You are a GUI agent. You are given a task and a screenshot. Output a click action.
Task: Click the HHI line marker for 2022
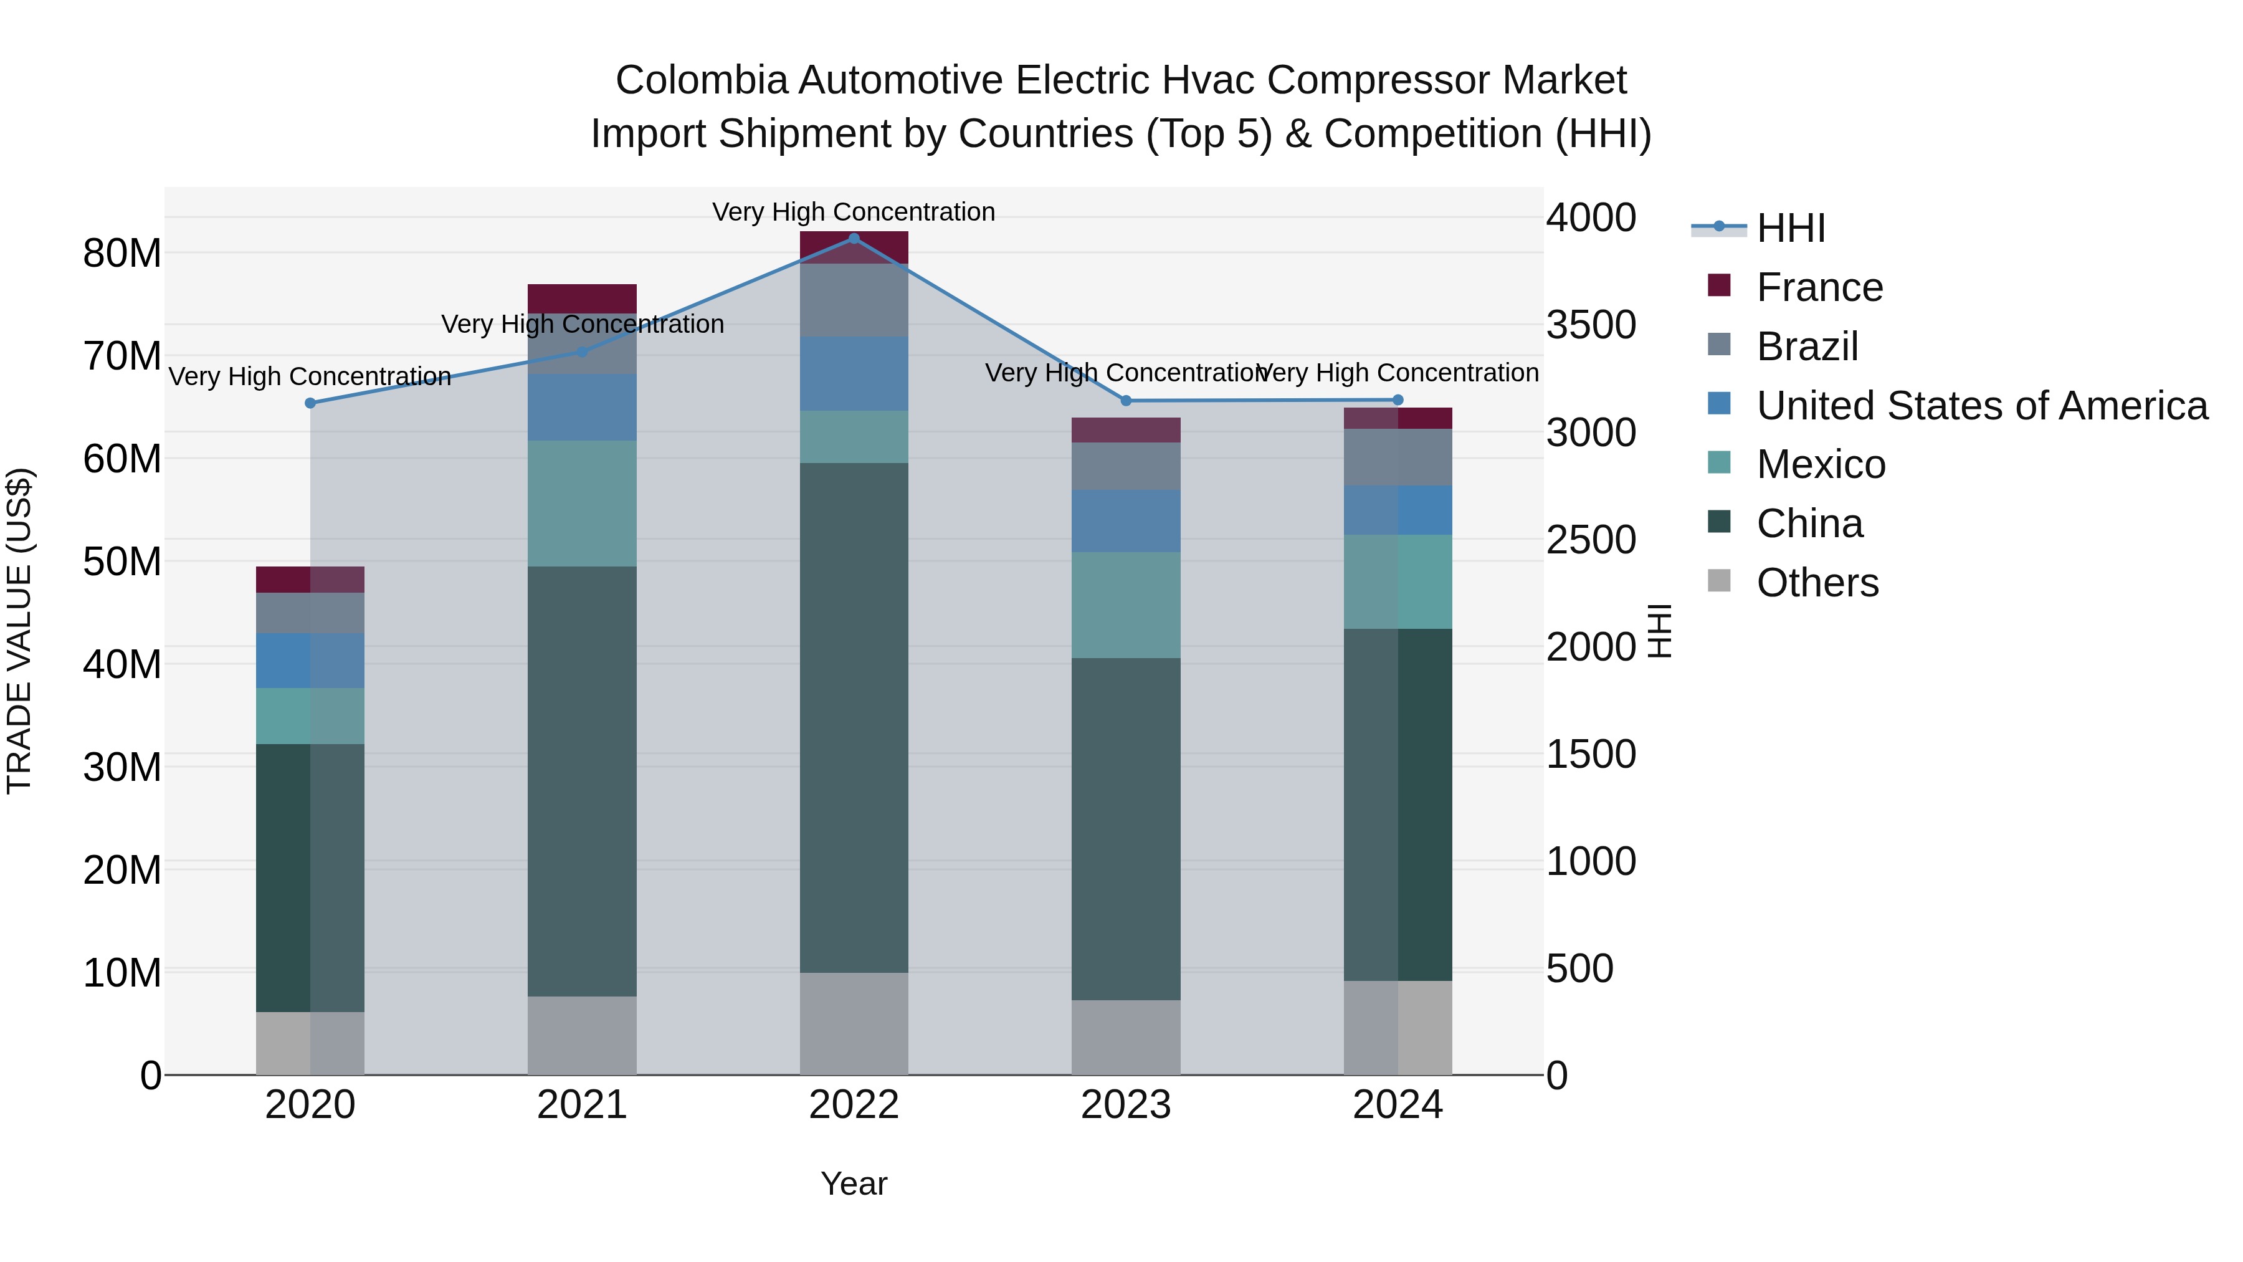[854, 239]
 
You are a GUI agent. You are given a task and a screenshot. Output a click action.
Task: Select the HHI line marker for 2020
[311, 403]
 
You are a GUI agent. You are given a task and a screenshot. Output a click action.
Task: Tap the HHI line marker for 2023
[1126, 401]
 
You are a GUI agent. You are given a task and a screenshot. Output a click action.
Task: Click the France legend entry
[1818, 287]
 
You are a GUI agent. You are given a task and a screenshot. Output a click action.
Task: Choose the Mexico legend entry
[1820, 464]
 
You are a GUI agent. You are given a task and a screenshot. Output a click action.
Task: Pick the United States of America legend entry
[1981, 406]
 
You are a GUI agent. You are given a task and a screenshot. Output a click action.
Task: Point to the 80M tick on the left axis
[122, 254]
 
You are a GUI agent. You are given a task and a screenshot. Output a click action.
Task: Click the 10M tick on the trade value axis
[122, 972]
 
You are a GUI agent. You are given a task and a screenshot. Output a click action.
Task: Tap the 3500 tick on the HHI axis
[1591, 325]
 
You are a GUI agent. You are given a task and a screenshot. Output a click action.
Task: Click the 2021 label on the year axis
[582, 1105]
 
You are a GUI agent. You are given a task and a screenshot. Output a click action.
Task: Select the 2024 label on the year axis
[1398, 1105]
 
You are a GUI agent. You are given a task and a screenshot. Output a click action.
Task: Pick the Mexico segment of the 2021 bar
[582, 504]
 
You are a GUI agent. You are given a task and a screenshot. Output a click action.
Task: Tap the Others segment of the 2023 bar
[1126, 1036]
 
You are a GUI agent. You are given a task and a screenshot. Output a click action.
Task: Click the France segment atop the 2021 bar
[582, 298]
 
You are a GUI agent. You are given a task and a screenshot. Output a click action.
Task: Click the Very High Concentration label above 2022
[854, 212]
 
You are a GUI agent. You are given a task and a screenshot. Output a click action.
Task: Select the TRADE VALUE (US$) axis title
[19, 631]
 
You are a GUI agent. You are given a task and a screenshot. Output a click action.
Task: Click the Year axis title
[854, 1183]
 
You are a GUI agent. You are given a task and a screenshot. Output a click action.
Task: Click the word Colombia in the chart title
[701, 80]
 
